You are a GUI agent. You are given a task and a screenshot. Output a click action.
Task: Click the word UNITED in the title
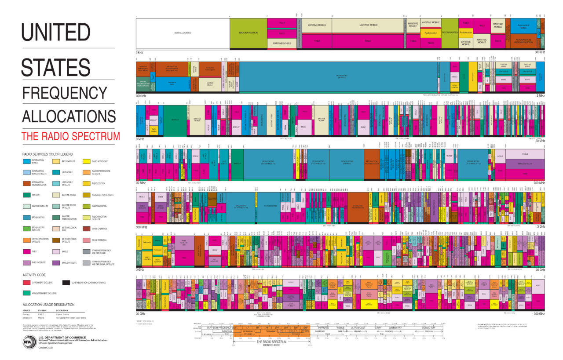click(56, 32)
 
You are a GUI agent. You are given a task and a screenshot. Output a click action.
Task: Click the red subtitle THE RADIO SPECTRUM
click(70, 136)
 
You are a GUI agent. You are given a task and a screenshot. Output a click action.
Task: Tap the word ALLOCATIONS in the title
click(69, 116)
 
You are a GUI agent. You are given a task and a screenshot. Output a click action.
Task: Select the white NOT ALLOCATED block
click(183, 33)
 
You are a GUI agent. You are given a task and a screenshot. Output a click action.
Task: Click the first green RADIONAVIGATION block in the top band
click(248, 33)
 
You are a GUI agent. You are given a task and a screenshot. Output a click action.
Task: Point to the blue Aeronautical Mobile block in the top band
click(523, 26)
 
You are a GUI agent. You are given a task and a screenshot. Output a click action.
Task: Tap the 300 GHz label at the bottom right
click(538, 314)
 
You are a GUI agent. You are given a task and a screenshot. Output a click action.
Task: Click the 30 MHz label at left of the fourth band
click(141, 183)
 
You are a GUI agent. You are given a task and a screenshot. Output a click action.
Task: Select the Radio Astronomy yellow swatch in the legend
click(85, 162)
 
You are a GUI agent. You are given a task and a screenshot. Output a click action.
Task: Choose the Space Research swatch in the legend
click(85, 240)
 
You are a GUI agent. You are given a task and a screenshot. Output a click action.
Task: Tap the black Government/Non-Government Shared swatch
click(66, 283)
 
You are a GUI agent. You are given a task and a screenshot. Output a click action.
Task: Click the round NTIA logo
click(29, 342)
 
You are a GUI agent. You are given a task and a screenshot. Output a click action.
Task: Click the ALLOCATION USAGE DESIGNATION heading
click(48, 304)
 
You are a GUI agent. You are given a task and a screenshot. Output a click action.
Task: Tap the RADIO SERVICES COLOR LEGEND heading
click(47, 154)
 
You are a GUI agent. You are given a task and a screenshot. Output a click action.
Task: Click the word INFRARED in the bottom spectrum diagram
click(323, 327)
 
